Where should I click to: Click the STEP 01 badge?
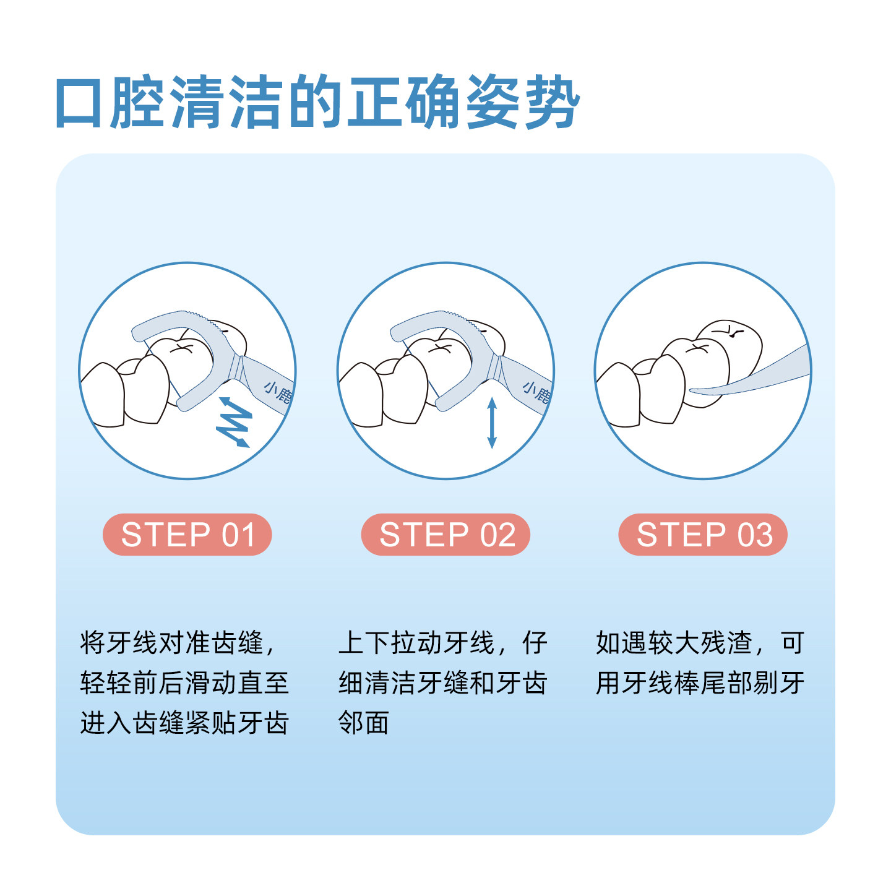187,535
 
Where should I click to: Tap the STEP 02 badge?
445,535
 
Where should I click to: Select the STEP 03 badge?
703,535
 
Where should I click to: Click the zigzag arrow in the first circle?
234,423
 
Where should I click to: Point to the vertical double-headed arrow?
492,423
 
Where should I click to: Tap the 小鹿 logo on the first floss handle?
277,392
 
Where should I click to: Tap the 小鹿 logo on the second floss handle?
535,392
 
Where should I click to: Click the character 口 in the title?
79,103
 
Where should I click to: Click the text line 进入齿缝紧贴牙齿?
184,722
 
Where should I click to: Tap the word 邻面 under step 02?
364,722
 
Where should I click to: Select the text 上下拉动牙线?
416,643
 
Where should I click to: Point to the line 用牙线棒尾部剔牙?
700,682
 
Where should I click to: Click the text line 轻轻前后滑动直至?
184,682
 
